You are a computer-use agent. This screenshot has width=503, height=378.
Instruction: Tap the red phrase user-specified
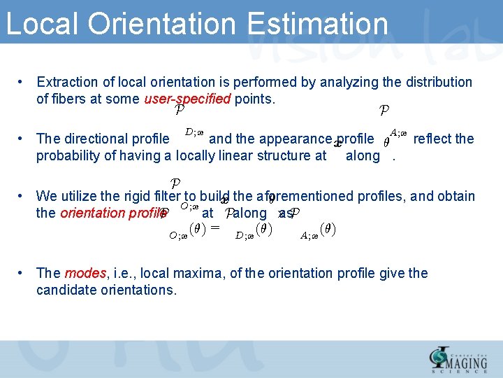(187, 99)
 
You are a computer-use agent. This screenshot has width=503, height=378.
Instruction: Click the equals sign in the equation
(214, 227)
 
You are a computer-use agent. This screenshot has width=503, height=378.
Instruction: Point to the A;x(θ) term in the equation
(318, 230)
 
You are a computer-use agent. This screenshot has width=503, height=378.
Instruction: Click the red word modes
(83, 273)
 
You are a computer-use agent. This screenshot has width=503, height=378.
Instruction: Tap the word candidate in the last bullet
(66, 290)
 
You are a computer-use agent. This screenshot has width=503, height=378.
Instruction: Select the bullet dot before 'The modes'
(22, 273)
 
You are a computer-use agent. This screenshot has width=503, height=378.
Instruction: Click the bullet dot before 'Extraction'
(22, 82)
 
